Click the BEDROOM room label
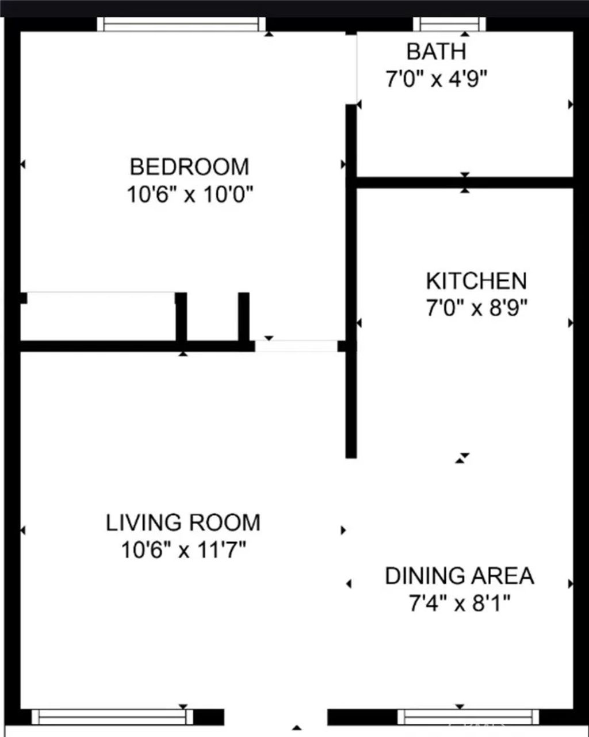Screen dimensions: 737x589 [189, 167]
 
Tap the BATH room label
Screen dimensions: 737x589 [436, 52]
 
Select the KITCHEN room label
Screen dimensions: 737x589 [476, 281]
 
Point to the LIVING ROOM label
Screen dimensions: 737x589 [183, 523]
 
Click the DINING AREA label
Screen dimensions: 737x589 [459, 576]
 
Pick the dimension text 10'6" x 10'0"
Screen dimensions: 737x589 [190, 195]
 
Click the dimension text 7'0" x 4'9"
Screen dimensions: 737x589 [436, 79]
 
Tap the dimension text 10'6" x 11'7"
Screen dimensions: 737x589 [183, 551]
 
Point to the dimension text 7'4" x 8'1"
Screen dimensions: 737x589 [459, 604]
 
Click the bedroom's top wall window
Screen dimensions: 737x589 [182, 24]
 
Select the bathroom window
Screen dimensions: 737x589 [449, 24]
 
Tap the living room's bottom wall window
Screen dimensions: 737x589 [112, 716]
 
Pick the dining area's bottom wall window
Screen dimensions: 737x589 [468, 716]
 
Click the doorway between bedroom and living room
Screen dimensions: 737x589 [296, 346]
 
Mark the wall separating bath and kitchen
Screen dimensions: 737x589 [465, 183]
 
